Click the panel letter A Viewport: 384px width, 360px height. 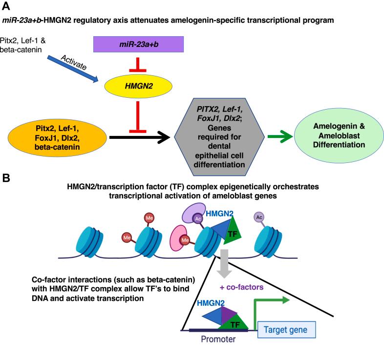tap(6, 6)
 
